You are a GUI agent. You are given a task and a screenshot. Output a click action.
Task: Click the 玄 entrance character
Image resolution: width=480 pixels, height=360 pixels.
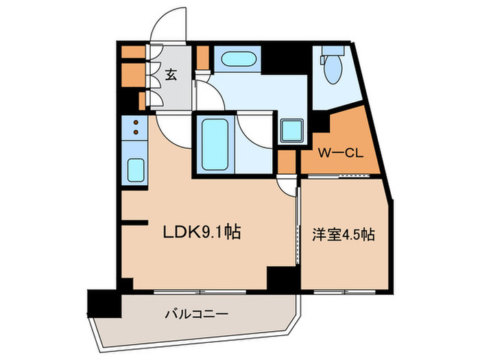[171, 75]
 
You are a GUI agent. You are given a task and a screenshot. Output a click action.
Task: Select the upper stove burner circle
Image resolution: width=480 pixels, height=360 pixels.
[135, 123]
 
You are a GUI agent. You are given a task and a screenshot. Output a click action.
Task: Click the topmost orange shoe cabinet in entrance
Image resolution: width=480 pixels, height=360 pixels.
[130, 51]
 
